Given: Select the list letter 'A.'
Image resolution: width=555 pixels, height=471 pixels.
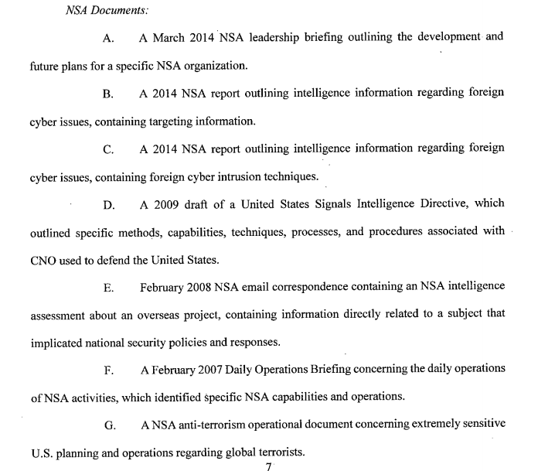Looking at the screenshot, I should pyautogui.click(x=108, y=36).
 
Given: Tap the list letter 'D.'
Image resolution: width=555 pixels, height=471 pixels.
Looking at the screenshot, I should pyautogui.click(x=108, y=205).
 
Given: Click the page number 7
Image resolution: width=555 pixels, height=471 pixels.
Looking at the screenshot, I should pyautogui.click(x=268, y=466).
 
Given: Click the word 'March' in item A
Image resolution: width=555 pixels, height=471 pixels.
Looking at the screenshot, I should pyautogui.click(x=170, y=36).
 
